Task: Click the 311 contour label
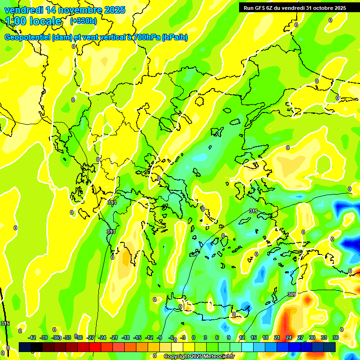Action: pos(253,211)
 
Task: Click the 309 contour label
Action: pos(291,294)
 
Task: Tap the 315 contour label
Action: pos(5,324)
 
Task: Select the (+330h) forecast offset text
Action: pos(83,21)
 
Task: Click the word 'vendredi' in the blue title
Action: pos(23,9)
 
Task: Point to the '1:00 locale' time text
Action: pos(34,21)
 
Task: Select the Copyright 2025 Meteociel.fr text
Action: pos(199,357)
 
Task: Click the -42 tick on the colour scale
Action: pos(32,337)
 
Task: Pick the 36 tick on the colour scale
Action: pos(336,337)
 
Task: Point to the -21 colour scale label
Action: pos(114,337)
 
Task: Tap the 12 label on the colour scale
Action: pos(242,337)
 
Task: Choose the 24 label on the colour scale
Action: pos(289,337)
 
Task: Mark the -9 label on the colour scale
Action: pos(159,337)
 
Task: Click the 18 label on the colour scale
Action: pos(265,337)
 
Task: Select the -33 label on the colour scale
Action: pos(67,337)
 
